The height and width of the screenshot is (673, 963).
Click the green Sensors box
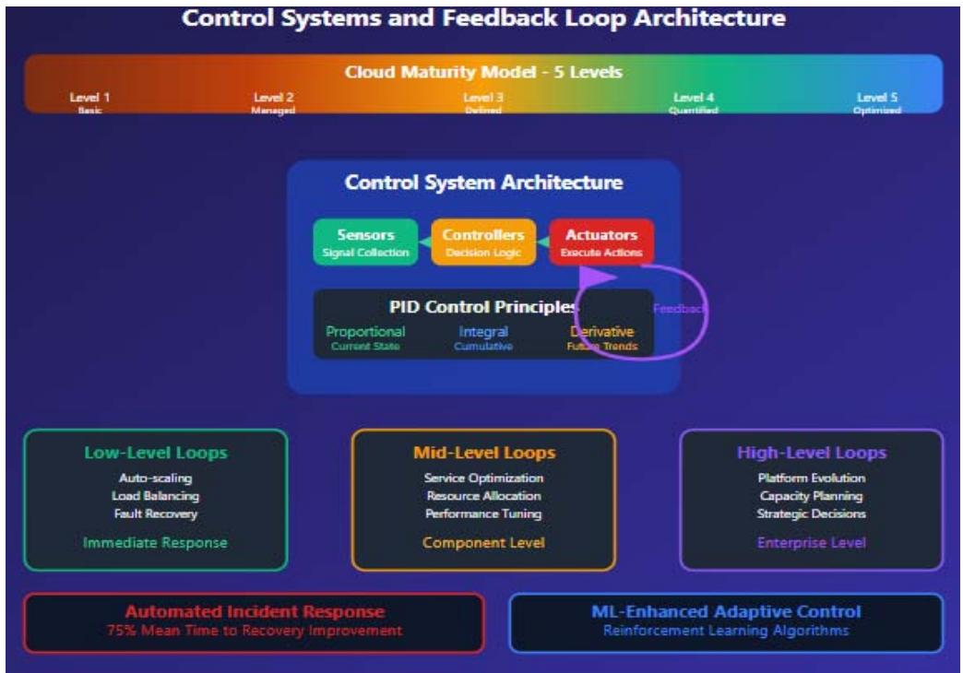coord(365,242)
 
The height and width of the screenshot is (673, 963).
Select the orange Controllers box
coord(484,242)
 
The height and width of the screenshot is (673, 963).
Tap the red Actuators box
coord(601,242)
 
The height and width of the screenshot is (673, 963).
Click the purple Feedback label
coord(680,309)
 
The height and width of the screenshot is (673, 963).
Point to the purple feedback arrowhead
coord(596,276)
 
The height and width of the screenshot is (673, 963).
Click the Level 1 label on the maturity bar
coord(89,97)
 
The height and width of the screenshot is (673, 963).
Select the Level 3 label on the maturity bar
coord(482,97)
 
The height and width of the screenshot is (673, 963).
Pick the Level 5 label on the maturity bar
coord(876,97)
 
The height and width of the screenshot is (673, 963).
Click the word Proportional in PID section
coord(365,331)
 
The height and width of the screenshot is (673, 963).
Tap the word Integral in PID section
coord(482,331)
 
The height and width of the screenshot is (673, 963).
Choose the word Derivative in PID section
coord(601,331)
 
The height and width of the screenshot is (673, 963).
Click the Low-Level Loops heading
coord(155,453)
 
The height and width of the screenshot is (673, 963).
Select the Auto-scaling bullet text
coord(155,478)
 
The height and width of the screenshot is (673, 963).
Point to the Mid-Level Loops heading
coord(483,453)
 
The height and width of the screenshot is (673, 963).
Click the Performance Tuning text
coord(483,514)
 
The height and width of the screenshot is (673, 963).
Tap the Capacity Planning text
coord(811,496)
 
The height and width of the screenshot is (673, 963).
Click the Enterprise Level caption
coord(811,543)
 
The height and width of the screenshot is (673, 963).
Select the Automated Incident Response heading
coord(255,612)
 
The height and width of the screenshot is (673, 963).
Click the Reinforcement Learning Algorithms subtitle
coord(726,632)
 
